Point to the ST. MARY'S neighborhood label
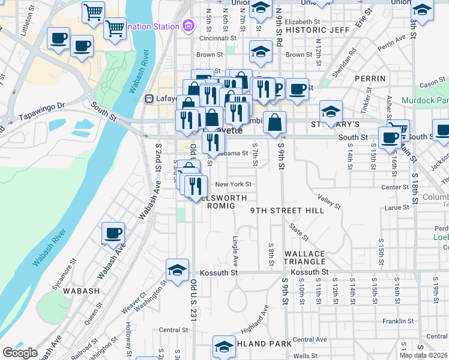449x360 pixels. click(x=334, y=124)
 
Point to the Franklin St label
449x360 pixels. click(x=396, y=322)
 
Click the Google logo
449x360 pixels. click(x=20, y=353)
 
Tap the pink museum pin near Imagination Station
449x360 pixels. click(x=188, y=26)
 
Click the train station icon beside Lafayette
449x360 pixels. click(x=150, y=98)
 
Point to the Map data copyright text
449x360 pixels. click(x=423, y=355)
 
